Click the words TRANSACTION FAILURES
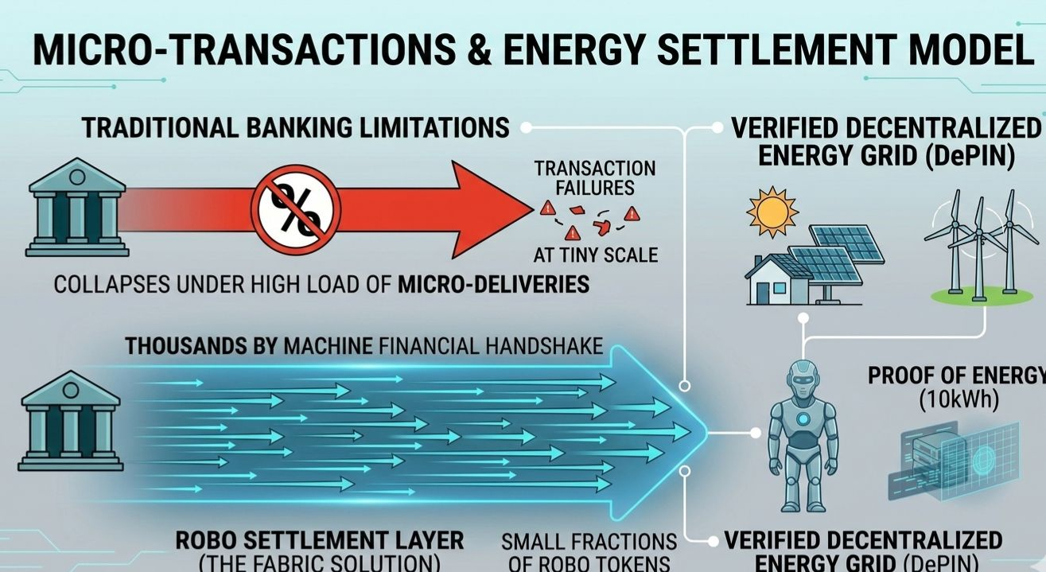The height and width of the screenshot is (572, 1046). [x=595, y=177]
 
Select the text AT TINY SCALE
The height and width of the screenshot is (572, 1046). [x=595, y=255]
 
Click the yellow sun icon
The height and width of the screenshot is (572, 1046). [x=772, y=212]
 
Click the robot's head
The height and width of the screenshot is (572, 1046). [x=801, y=378]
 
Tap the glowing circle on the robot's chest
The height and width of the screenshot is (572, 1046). [x=803, y=418]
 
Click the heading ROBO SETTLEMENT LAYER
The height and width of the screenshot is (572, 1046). [x=319, y=540]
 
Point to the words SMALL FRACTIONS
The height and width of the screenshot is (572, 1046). [x=589, y=542]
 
